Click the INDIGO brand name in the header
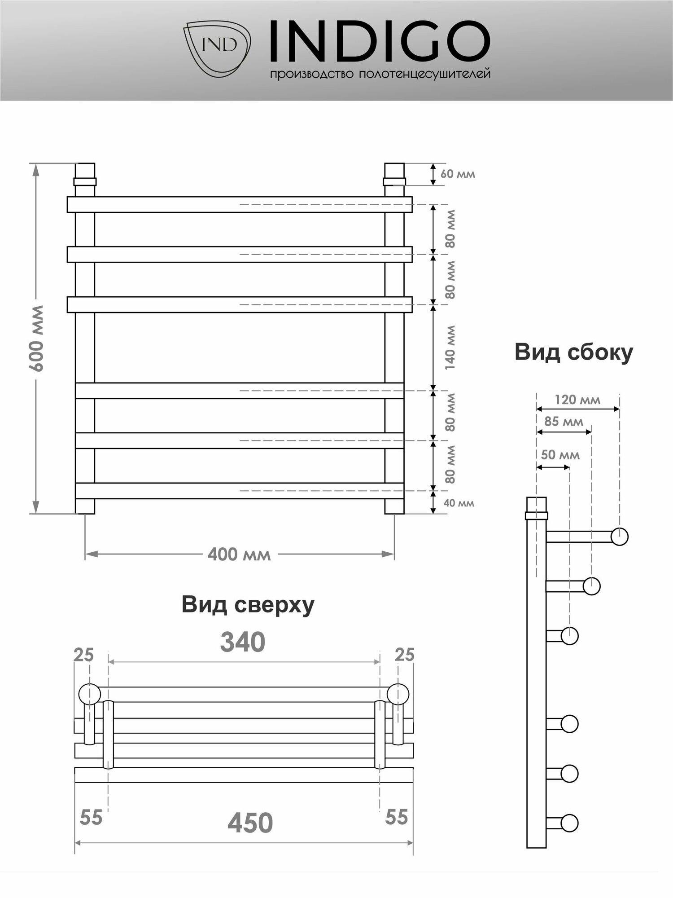(x=379, y=41)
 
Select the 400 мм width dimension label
(x=239, y=555)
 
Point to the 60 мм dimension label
(x=457, y=174)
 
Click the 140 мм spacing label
(x=450, y=348)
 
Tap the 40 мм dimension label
(x=459, y=503)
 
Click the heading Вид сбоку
(x=573, y=352)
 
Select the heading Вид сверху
(x=248, y=605)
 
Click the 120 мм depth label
(x=577, y=400)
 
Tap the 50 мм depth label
(x=560, y=455)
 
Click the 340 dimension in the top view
(x=243, y=643)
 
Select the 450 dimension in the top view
(x=250, y=823)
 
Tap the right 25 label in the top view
(x=404, y=655)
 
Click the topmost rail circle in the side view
(x=620, y=537)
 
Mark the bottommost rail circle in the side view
(x=569, y=823)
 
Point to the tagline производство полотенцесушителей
(x=380, y=74)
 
